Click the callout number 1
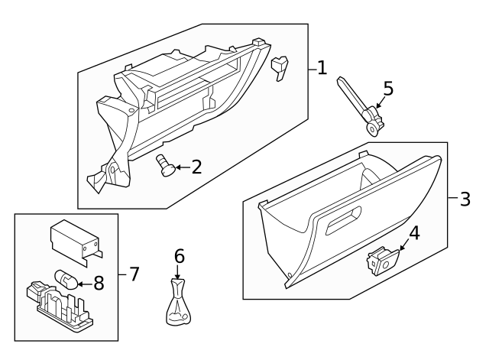(x=322, y=68)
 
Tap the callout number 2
(x=196, y=166)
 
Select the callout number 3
(x=465, y=199)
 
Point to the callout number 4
(x=414, y=233)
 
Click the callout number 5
(x=388, y=89)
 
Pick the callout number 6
(x=179, y=255)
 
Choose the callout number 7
(x=134, y=273)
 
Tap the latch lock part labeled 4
(x=379, y=261)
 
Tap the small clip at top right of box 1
(x=281, y=67)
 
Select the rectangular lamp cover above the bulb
(x=74, y=238)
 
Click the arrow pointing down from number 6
(x=179, y=270)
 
